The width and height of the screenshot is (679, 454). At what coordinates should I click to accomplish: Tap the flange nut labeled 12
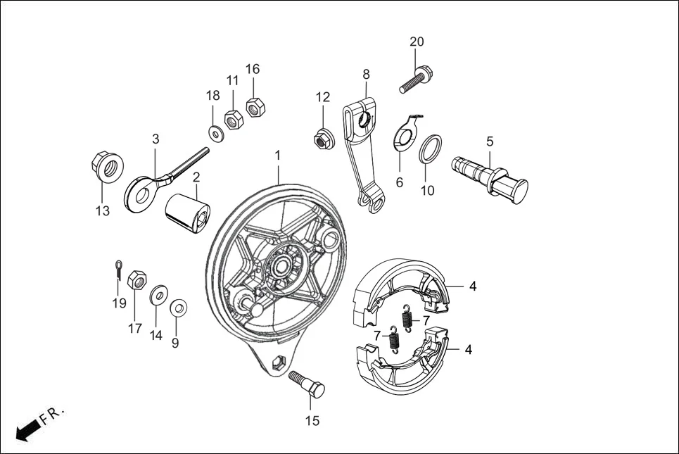[x=323, y=139]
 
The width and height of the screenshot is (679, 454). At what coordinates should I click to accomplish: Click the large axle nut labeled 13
[x=108, y=167]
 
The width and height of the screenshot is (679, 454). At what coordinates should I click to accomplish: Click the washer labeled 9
[x=178, y=308]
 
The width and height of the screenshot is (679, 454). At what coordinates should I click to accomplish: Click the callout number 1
[x=278, y=154]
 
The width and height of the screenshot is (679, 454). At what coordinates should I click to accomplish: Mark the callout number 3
[x=156, y=139]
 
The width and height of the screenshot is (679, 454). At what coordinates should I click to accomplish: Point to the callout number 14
[x=156, y=335]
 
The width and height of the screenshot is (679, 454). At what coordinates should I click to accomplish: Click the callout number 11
[x=232, y=80]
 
